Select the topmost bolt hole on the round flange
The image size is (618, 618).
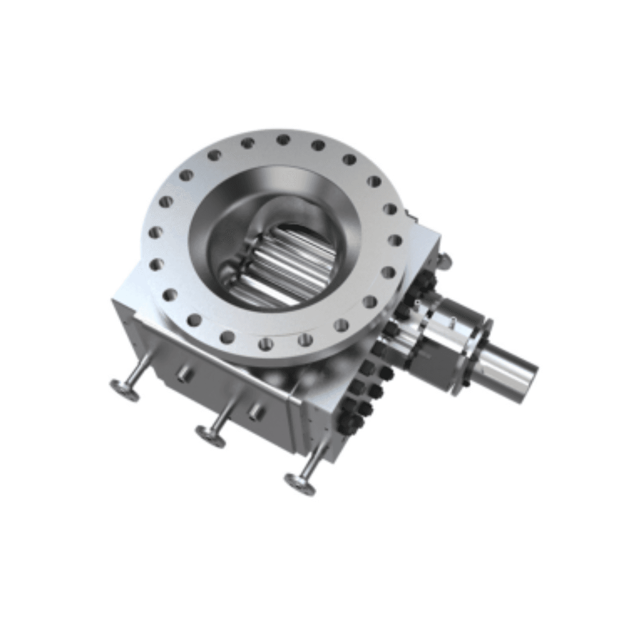(281, 139)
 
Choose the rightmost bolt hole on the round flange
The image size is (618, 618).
(397, 239)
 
